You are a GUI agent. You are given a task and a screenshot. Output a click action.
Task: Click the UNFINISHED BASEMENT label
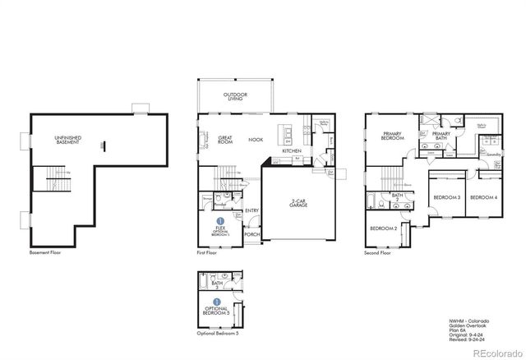(x=67, y=140)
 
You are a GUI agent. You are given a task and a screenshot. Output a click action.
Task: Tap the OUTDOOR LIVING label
(x=235, y=97)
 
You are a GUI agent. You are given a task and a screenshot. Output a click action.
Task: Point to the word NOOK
(x=256, y=140)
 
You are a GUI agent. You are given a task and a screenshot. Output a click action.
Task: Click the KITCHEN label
(x=292, y=151)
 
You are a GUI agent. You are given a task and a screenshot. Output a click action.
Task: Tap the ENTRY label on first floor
(x=252, y=210)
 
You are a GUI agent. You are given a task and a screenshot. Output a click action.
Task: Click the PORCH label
(x=251, y=234)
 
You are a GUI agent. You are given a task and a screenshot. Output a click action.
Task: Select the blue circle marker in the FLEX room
(x=220, y=221)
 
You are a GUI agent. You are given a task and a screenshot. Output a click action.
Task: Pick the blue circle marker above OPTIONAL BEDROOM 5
(x=218, y=302)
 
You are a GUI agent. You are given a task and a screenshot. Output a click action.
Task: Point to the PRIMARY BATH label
(x=441, y=136)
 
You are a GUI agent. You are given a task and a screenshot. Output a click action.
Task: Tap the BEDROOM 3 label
(x=446, y=198)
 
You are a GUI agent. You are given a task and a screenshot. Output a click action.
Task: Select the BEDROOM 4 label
(x=483, y=198)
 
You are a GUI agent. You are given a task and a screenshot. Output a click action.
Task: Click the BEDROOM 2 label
(x=383, y=228)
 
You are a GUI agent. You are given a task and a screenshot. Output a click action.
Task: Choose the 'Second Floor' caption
(x=377, y=253)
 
